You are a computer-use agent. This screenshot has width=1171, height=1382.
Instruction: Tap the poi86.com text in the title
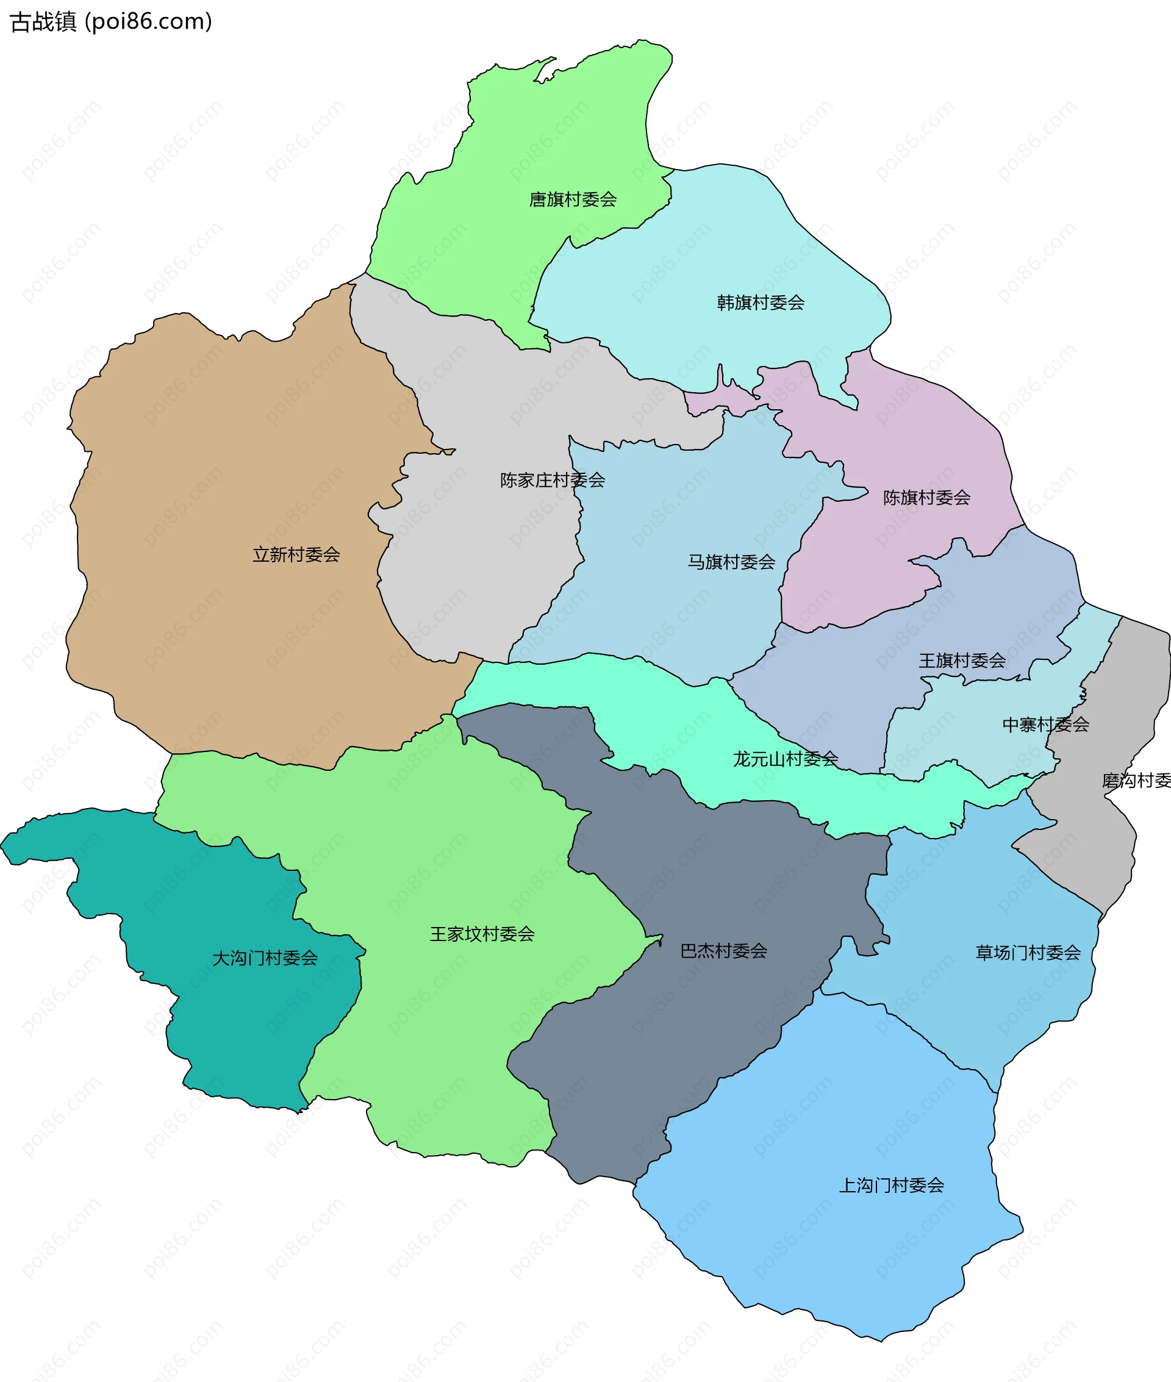151,22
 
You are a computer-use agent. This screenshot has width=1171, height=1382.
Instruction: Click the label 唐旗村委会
572,199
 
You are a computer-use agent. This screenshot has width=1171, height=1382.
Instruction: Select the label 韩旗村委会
760,303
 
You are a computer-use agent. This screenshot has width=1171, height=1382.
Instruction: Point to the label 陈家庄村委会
553,480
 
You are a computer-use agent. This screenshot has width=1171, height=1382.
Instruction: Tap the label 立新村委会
296,554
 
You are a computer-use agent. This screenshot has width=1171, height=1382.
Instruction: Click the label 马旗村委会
731,562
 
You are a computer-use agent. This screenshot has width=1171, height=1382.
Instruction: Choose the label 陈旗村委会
926,497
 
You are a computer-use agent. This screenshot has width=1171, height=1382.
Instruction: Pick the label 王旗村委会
962,660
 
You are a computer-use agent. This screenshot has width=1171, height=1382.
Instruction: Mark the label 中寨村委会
1045,724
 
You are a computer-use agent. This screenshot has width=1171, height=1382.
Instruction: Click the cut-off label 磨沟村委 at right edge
1136,780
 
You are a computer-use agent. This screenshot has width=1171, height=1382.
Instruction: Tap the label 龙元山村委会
786,758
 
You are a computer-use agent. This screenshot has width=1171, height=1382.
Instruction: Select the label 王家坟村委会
482,934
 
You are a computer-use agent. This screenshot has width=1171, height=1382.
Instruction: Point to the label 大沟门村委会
265,958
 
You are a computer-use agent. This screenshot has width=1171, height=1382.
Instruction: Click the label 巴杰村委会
723,951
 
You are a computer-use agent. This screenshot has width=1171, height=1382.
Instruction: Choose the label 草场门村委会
1028,953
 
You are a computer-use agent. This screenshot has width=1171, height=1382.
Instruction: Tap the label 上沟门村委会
892,1185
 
